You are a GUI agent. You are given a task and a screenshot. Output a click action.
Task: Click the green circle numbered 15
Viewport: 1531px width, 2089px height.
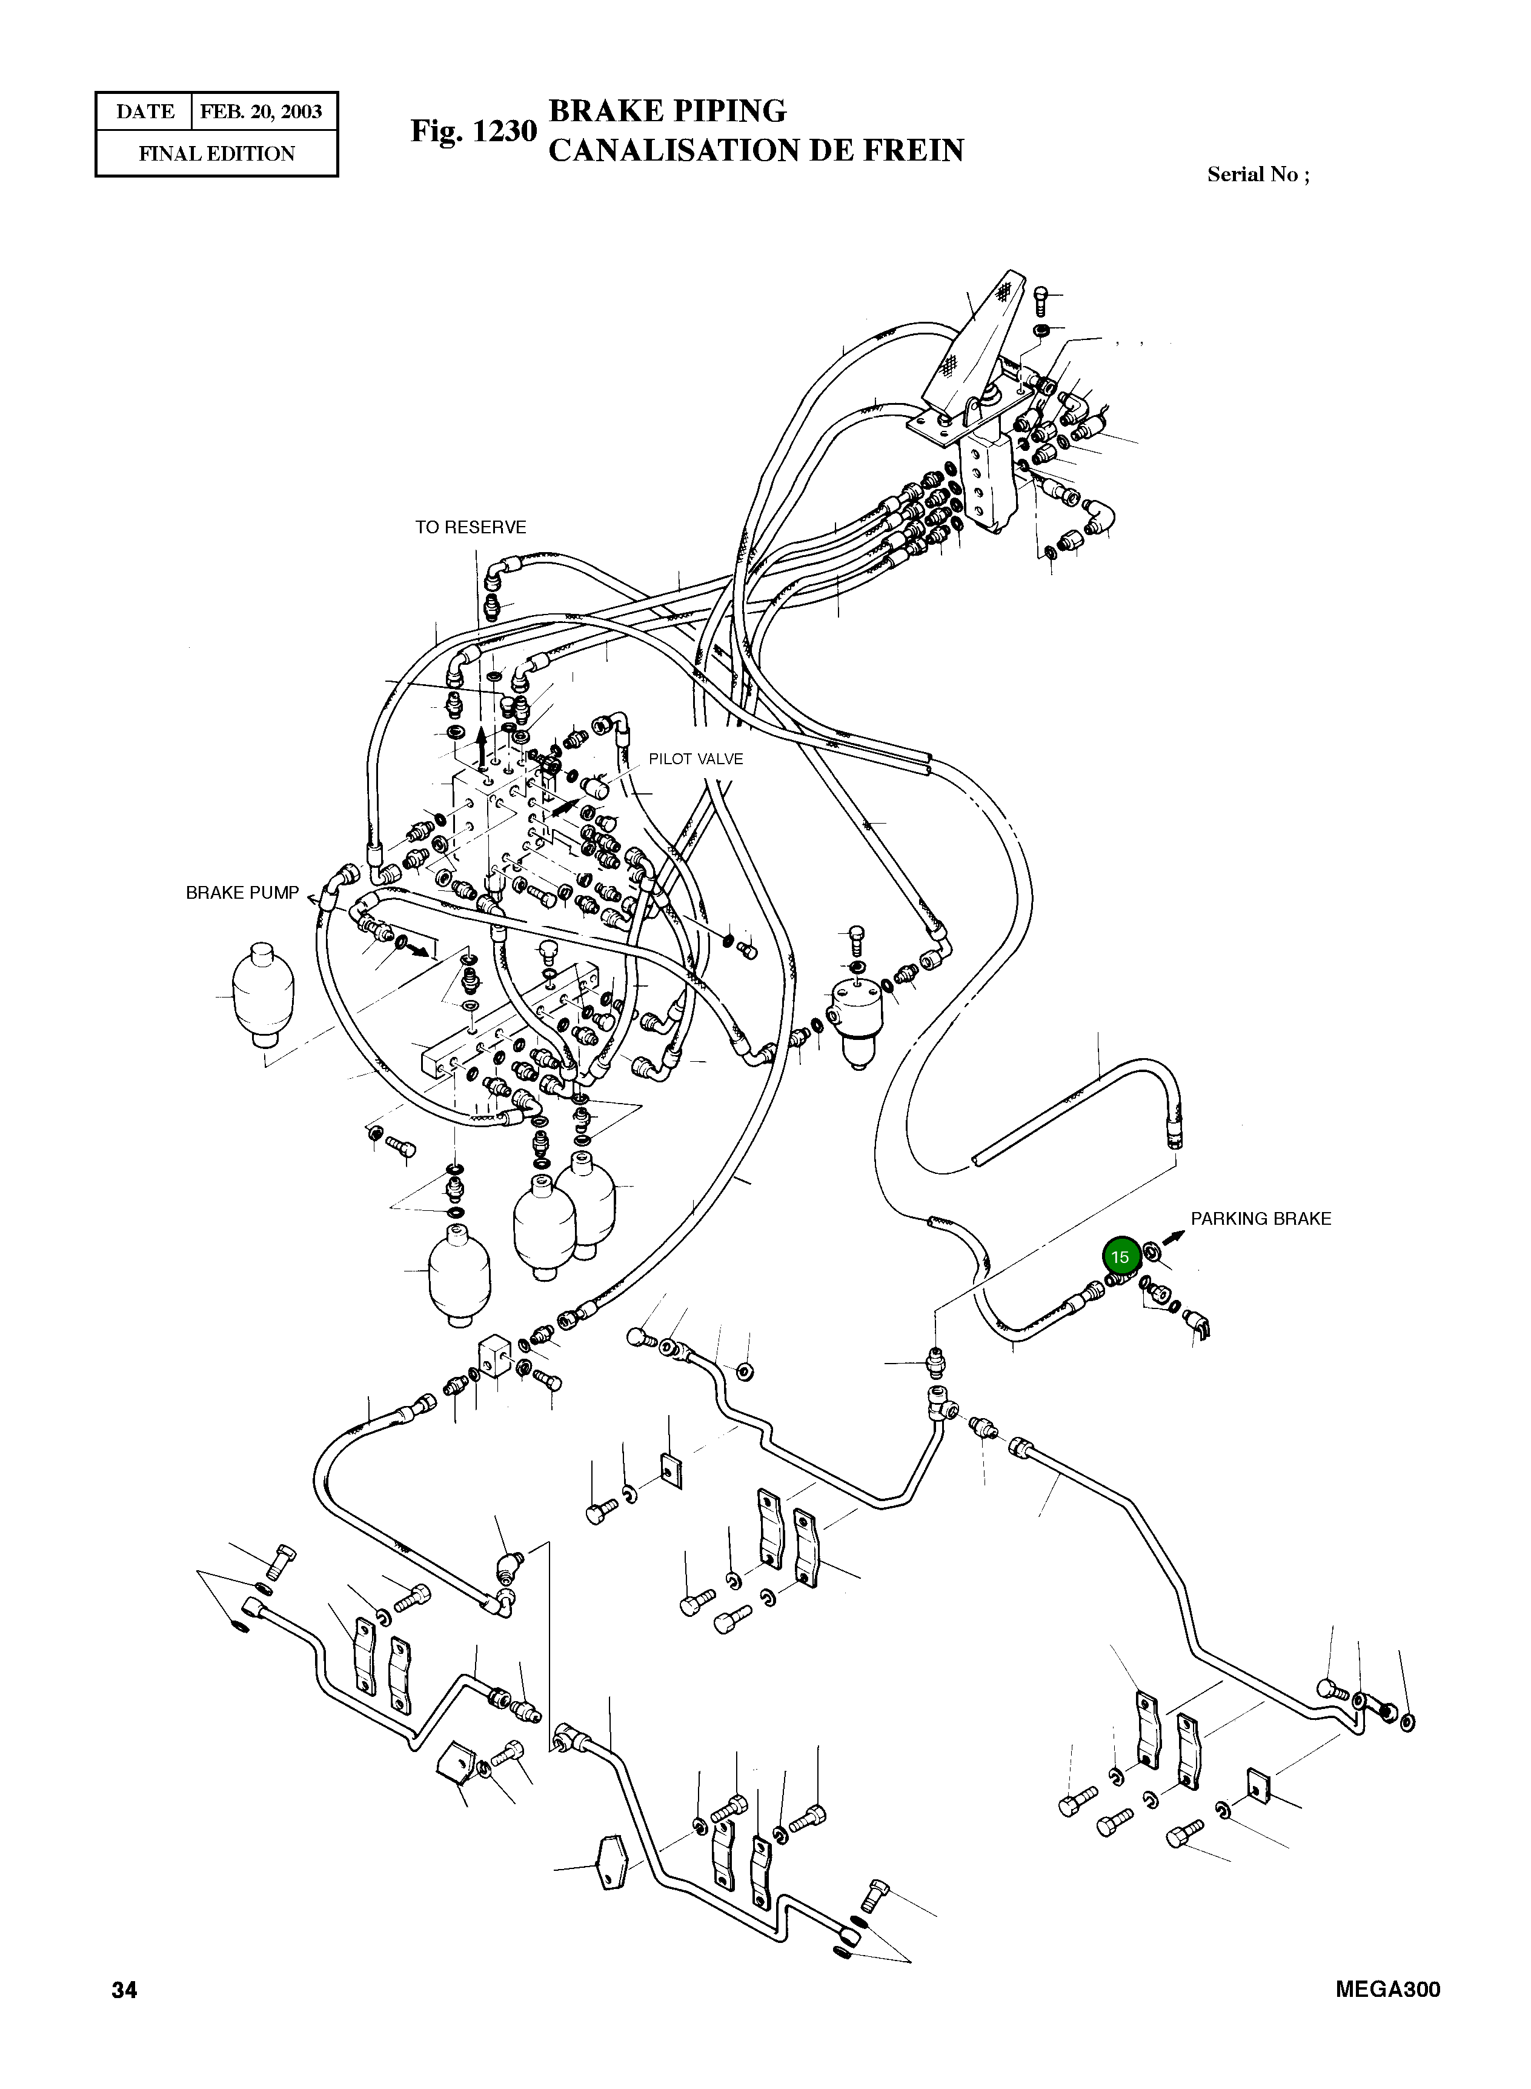tap(1120, 1257)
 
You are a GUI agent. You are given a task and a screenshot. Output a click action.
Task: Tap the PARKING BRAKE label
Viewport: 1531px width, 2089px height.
tap(1260, 1219)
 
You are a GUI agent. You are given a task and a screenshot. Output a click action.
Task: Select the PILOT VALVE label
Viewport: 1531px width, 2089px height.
tap(695, 759)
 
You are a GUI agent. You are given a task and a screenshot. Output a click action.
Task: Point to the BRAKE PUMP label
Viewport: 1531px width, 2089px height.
tap(242, 893)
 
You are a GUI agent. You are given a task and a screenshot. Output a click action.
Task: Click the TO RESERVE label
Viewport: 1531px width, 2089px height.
tap(470, 527)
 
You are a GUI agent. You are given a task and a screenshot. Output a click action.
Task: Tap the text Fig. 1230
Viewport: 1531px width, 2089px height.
tap(474, 131)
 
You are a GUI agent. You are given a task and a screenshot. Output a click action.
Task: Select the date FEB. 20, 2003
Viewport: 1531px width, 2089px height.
tap(261, 112)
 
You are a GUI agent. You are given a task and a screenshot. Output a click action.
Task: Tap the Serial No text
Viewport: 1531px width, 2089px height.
tap(1258, 175)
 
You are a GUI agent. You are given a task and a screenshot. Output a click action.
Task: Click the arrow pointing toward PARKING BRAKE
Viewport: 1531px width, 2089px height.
tap(1174, 1236)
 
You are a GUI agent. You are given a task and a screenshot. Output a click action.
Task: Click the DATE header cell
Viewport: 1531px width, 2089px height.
tap(145, 112)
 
